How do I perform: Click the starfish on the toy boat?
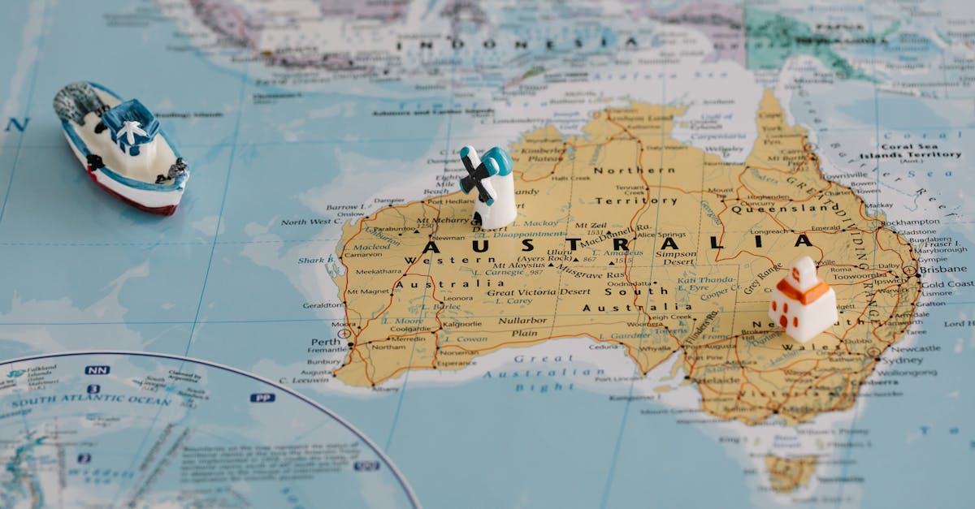[x=131, y=130]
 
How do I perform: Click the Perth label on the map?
[x=325, y=342]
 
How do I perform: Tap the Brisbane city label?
[x=943, y=269]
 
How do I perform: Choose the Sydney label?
[x=901, y=360]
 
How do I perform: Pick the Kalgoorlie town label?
[x=460, y=323]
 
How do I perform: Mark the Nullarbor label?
[x=523, y=320]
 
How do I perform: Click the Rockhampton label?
[x=911, y=221]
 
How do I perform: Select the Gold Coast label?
[x=947, y=284]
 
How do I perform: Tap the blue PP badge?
[x=262, y=398]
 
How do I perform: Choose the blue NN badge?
[x=97, y=370]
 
